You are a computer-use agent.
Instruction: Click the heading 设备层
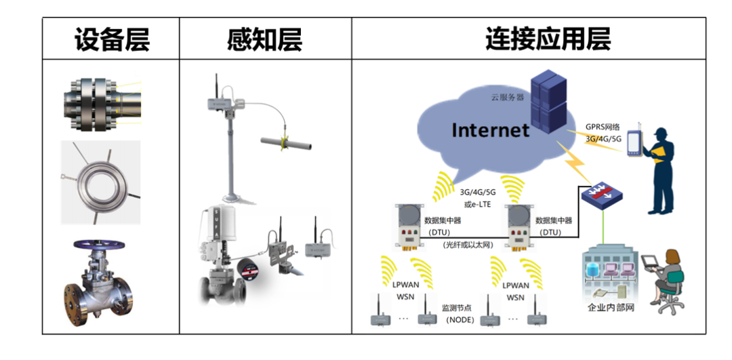pyautogui.click(x=111, y=40)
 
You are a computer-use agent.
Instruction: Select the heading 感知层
pyautogui.click(x=264, y=40)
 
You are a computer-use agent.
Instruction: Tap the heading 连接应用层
pyautogui.click(x=548, y=40)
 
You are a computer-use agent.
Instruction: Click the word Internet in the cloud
pyautogui.click(x=490, y=129)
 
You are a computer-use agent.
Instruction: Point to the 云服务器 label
pyautogui.click(x=508, y=97)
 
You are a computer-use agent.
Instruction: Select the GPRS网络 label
pyautogui.click(x=603, y=127)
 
